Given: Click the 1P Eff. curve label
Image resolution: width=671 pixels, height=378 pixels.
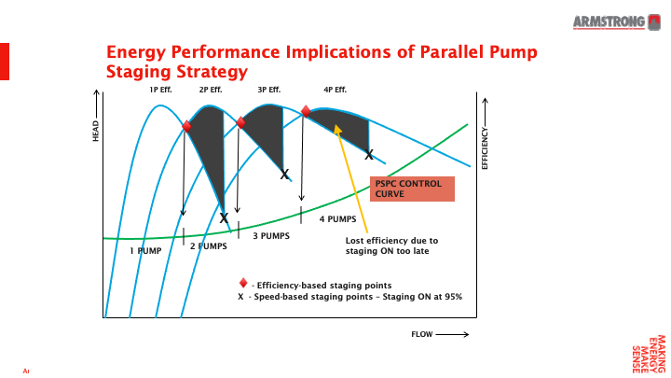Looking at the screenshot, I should tap(160, 91).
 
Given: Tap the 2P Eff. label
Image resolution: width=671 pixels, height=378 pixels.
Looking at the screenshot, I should tap(211, 91).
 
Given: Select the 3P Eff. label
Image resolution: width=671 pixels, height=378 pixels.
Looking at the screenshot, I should tap(269, 91).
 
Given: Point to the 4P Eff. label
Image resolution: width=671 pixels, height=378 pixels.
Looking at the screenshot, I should tap(335, 91).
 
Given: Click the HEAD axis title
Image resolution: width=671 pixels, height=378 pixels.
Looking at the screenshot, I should tap(95, 132).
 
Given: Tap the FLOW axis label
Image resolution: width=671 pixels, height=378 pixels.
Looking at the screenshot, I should tap(438, 333).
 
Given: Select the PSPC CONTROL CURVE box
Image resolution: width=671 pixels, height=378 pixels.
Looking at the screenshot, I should tap(411, 189).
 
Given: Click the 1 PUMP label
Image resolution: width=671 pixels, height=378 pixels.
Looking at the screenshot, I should tap(145, 250).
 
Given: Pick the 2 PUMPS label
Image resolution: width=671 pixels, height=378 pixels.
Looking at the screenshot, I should tap(209, 246).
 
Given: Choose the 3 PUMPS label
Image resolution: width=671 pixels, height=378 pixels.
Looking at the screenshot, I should tap(270, 236).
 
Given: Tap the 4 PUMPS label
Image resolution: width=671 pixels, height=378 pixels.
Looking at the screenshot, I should tap(337, 219).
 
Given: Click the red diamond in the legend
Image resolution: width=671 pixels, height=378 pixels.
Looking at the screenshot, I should tap(243, 283).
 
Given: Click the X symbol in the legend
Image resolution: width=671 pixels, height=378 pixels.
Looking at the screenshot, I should tap(240, 296).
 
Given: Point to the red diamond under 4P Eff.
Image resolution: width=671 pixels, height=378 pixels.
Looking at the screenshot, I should tap(306, 111).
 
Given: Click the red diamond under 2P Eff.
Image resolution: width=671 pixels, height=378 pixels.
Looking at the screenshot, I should tap(186, 126).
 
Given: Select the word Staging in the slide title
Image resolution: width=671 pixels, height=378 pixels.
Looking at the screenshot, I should tap(141, 71).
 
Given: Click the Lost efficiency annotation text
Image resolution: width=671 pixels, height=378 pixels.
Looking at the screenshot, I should tap(385, 245).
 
